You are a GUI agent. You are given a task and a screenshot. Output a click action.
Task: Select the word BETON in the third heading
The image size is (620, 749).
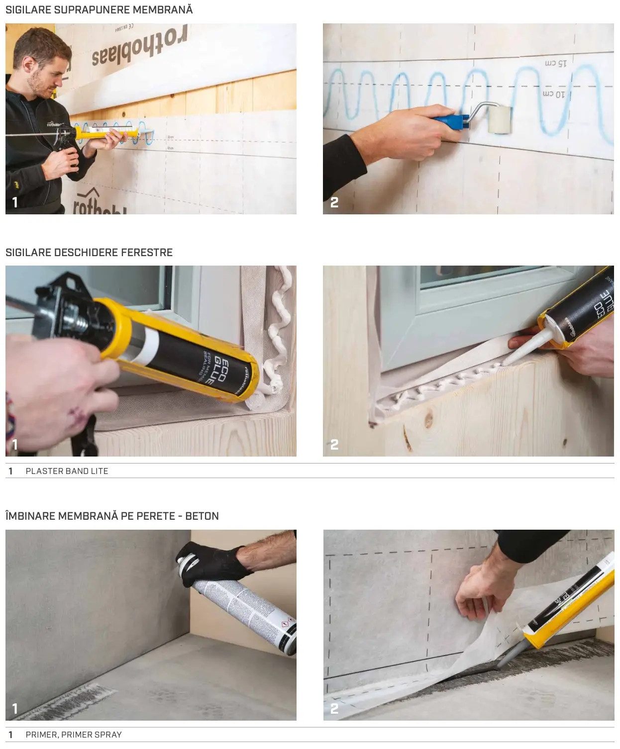tap(202, 516)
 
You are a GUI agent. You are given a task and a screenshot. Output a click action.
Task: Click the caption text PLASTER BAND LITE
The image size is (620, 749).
tap(67, 471)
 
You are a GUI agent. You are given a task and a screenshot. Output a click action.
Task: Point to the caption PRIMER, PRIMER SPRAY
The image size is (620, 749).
tap(74, 735)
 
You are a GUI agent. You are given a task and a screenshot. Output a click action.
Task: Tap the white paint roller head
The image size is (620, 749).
tap(500, 119)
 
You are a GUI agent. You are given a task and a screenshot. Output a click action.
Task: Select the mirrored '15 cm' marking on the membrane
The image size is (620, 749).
tap(556, 64)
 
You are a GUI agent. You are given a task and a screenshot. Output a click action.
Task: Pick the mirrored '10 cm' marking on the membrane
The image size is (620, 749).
tap(553, 94)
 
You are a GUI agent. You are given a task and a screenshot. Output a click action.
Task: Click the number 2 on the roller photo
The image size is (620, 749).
tap(334, 202)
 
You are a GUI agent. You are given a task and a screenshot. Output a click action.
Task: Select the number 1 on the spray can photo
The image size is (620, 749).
tap(15, 708)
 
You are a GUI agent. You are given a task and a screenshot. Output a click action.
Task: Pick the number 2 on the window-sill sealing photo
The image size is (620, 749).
tap(334, 444)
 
